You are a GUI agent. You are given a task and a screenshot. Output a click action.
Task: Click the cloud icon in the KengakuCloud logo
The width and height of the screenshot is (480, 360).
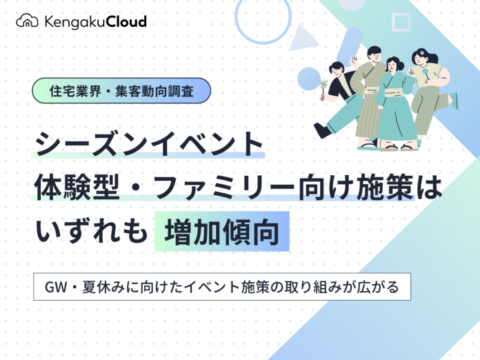pos(27,21)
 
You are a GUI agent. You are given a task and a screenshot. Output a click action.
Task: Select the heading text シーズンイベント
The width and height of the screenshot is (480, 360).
pos(149,144)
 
